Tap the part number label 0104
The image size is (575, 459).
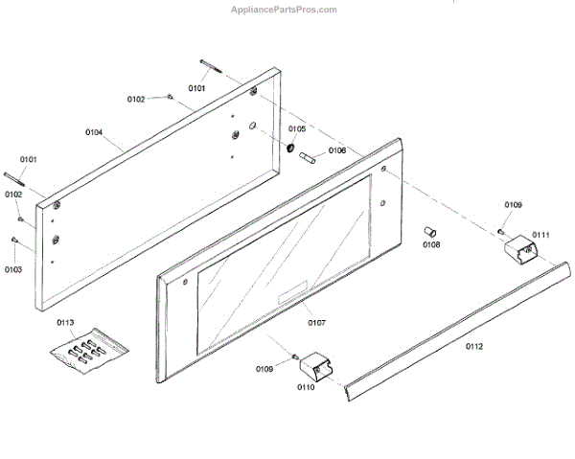click(94, 131)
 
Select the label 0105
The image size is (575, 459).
click(297, 128)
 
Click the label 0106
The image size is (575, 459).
click(337, 150)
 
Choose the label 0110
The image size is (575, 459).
click(306, 387)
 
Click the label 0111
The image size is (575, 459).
click(541, 235)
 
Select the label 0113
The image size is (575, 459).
click(65, 322)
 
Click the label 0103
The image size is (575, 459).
click(12, 270)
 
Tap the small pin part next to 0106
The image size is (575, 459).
click(310, 158)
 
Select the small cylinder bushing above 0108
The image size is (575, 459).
click(430, 230)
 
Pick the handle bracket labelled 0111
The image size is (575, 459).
click(521, 250)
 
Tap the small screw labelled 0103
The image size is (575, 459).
click(16, 241)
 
